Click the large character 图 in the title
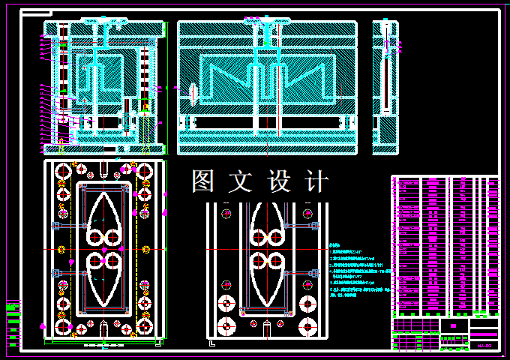pyautogui.click(x=204, y=181)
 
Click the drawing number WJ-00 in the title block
pyautogui.click(x=484, y=346)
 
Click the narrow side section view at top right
pyautogui.click(x=385, y=88)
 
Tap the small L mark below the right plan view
pyautogui.click(x=212, y=343)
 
